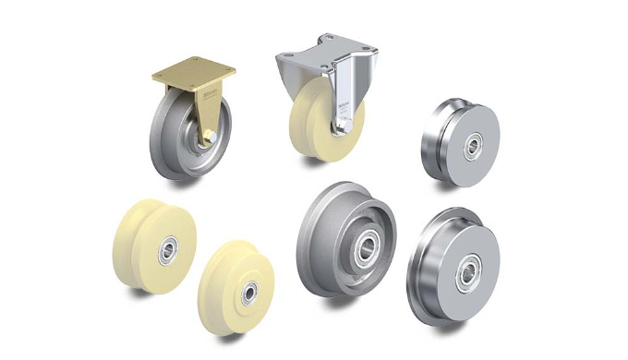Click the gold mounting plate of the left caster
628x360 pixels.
(192, 75)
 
